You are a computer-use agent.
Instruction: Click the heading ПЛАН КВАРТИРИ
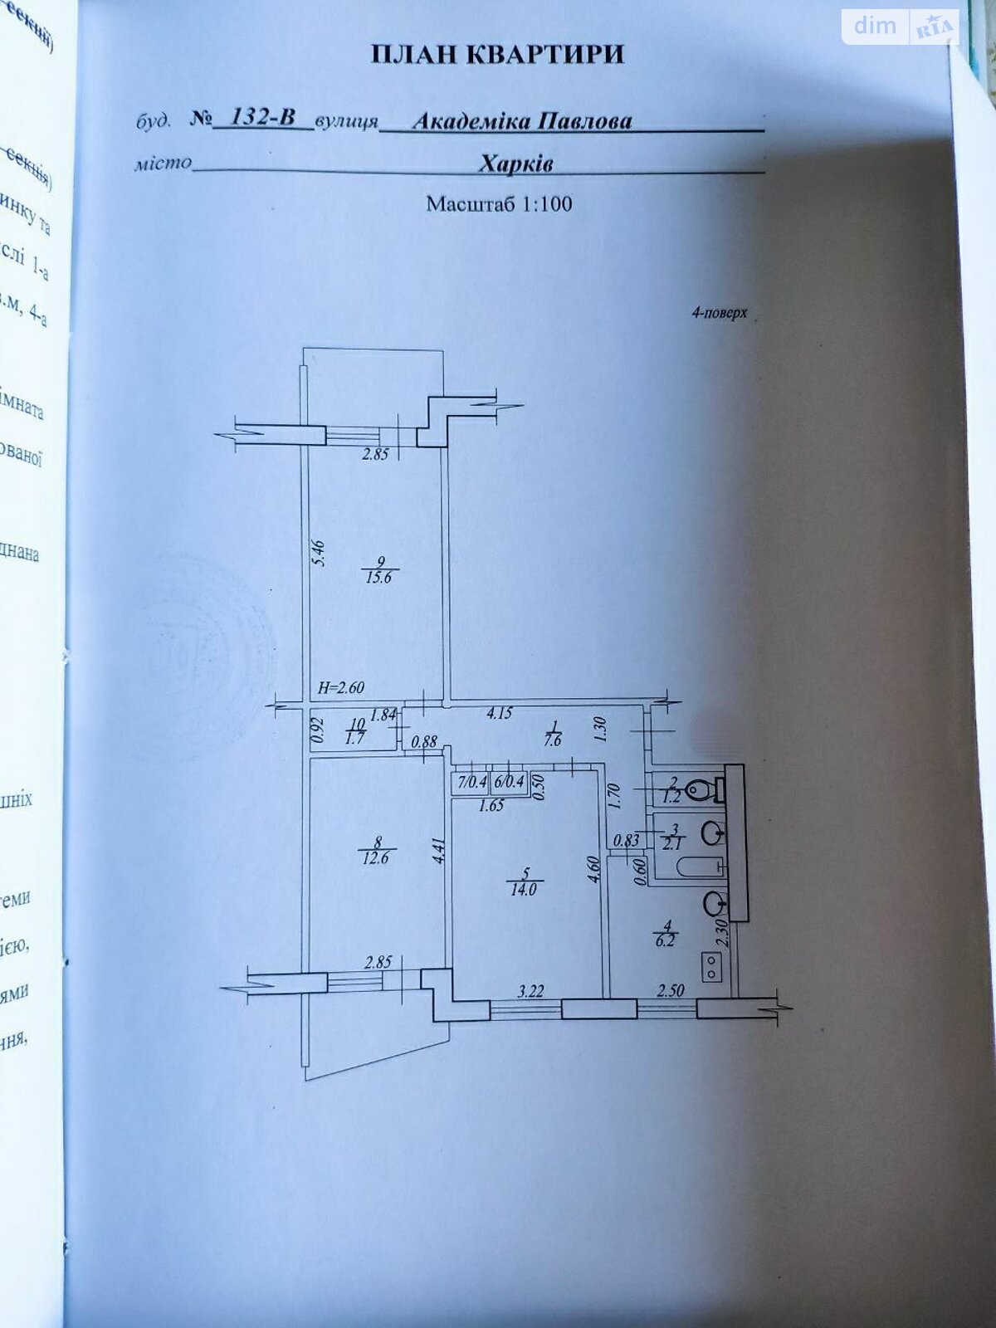coord(496,55)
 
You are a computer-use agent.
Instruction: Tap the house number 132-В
coord(262,117)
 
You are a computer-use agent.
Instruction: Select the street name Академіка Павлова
coord(522,121)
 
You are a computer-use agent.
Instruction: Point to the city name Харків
coord(515,163)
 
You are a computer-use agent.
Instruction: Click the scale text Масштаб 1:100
coord(499,203)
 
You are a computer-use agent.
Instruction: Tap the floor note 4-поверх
coord(719,314)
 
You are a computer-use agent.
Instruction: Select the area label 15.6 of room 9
coord(377,577)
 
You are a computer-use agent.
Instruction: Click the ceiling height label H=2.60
coord(341,687)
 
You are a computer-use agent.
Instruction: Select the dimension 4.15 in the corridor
coord(499,711)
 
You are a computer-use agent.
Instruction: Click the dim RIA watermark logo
coord(900,27)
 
